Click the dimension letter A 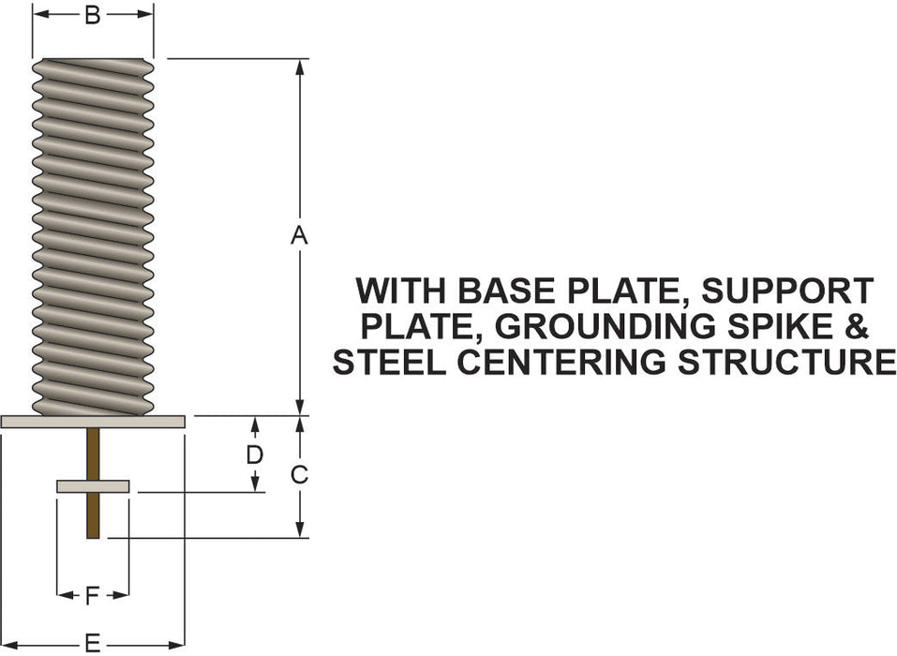(299, 236)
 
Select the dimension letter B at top (93, 15)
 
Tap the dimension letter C (299, 475)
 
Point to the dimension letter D (254, 455)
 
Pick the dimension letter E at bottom (93, 643)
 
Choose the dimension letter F (92, 594)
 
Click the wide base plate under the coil (93, 422)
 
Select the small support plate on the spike (93, 486)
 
